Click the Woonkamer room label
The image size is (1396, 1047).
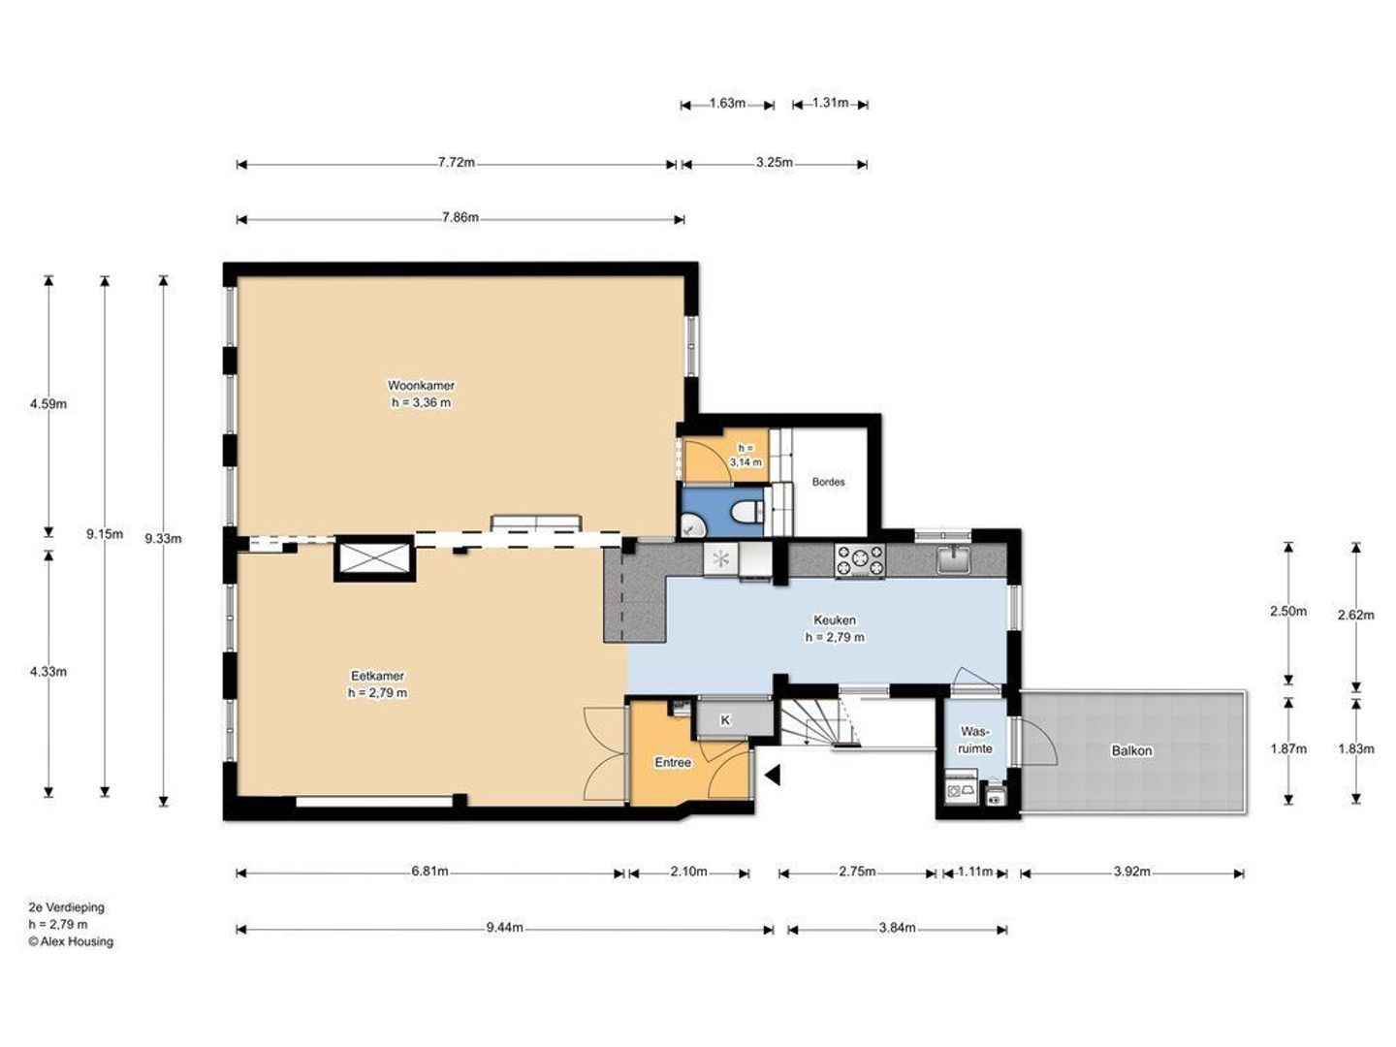tap(421, 385)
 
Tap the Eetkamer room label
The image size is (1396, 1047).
tap(377, 676)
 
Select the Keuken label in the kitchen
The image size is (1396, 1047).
tap(835, 619)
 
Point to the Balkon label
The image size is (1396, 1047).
tap(1131, 750)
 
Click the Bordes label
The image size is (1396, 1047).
tap(828, 482)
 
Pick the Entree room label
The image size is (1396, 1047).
tap(673, 762)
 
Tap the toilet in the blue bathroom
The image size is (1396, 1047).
tap(746, 512)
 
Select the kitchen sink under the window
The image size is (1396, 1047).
tap(953, 560)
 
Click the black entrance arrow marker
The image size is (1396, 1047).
tap(773, 775)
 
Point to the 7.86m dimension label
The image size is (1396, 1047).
tap(460, 217)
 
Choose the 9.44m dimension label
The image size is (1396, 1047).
tap(504, 928)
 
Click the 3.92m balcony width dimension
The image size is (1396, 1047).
tap(1132, 871)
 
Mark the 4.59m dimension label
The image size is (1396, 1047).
tap(48, 403)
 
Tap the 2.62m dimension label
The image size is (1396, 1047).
tap(1356, 615)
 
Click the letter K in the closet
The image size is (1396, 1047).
tap(725, 720)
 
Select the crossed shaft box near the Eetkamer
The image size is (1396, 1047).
tap(375, 559)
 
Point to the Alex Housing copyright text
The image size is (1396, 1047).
tap(71, 941)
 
